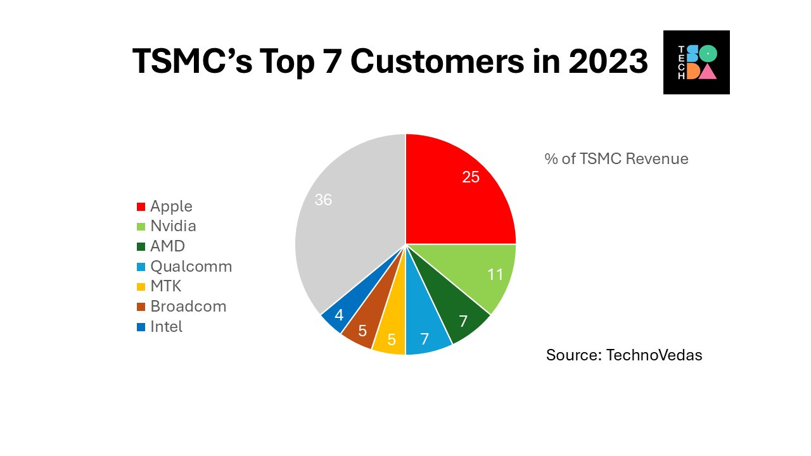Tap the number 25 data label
pyautogui.click(x=471, y=177)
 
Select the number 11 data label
pyautogui.click(x=495, y=275)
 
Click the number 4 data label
pyautogui.click(x=339, y=314)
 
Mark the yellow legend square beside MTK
pyautogui.click(x=141, y=287)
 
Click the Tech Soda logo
pyautogui.click(x=696, y=62)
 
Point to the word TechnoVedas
pyautogui.click(x=654, y=355)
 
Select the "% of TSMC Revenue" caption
pyautogui.click(x=616, y=158)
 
